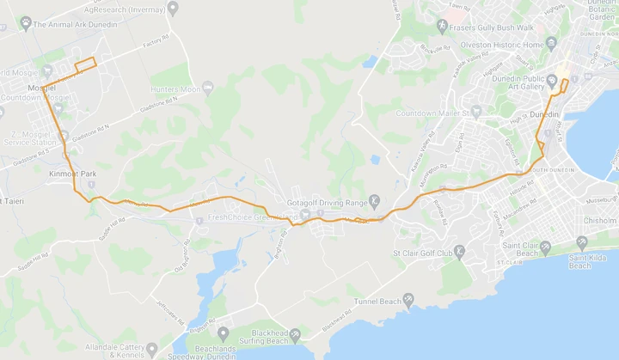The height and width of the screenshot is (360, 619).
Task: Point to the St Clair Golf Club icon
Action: click(459, 252)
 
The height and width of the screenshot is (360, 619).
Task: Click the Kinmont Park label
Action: click(73, 174)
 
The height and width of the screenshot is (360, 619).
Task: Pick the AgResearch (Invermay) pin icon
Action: click(173, 9)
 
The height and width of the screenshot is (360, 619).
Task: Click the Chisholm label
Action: click(600, 221)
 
